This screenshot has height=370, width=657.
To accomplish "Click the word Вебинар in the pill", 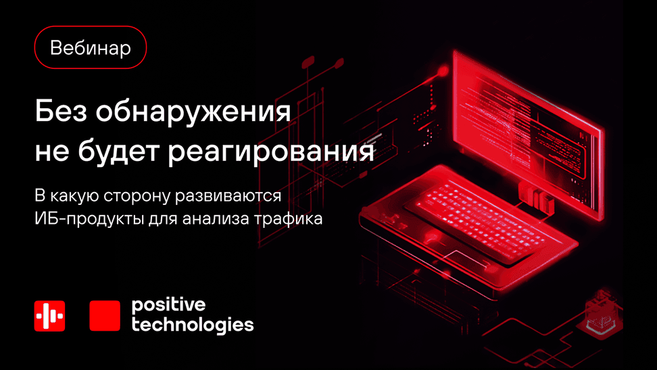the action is [90, 48].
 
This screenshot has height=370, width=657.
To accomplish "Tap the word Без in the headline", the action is [62, 111].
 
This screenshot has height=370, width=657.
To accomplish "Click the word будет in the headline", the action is [118, 151].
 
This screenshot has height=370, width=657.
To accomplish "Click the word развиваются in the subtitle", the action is [228, 197].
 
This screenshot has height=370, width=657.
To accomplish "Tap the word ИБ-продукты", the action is [89, 219].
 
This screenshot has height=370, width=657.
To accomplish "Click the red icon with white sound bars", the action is [49, 316].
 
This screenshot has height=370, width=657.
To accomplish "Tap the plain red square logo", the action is [105, 316].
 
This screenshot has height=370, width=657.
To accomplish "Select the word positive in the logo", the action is [168, 305].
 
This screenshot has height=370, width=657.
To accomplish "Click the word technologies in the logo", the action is [193, 325].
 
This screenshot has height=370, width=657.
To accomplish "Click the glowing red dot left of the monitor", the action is [443, 71].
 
